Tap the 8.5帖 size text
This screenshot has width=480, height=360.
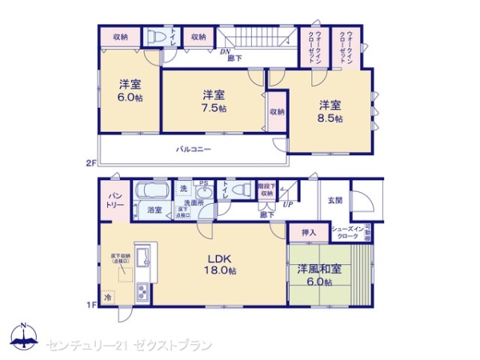(332, 118)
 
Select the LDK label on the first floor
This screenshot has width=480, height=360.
(220, 258)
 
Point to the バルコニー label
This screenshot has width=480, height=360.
(194, 150)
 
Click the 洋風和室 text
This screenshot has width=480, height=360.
(320, 269)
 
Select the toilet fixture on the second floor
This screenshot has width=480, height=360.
(155, 37)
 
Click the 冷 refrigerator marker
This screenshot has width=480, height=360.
(107, 297)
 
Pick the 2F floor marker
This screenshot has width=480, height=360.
(90, 162)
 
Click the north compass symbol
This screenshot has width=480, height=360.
(24, 338)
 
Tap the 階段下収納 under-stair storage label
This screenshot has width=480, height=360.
(266, 189)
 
